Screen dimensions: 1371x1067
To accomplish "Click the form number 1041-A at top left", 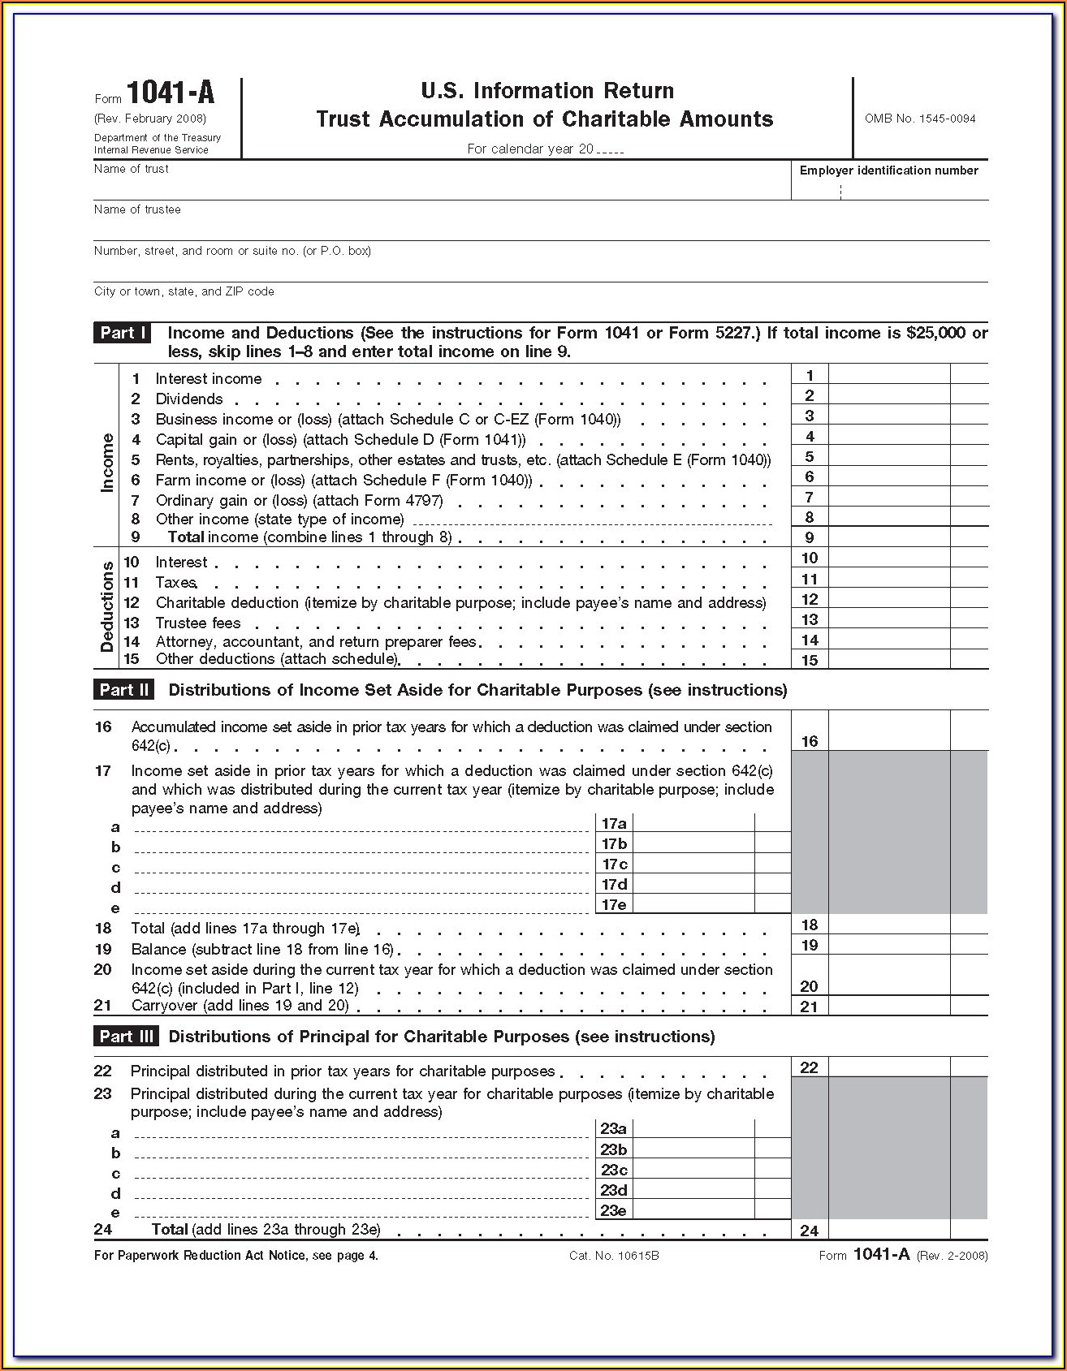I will coord(171,93).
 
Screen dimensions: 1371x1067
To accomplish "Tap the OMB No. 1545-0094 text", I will coord(920,119).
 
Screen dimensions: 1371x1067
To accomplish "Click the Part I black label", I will coord(123,333).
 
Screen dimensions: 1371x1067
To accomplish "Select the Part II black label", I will coord(124,690).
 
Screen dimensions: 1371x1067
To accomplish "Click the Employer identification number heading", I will coord(888,170).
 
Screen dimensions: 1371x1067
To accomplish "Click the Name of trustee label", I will coord(137,209).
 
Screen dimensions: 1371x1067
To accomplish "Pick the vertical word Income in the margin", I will coord(107,463).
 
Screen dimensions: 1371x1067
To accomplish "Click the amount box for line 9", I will coord(888,537).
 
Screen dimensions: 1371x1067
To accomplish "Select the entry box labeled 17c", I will coord(693,864).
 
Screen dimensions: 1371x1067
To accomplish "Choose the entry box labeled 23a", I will coord(693,1128).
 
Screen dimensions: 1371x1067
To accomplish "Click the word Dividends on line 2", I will coord(189,399).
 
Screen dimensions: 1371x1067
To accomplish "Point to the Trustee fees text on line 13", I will coord(198,623).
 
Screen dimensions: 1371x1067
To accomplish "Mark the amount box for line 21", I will coord(888,1007).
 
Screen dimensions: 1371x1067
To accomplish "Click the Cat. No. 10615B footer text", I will coord(614,1256).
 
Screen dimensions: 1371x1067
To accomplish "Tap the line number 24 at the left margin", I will coord(103,1229).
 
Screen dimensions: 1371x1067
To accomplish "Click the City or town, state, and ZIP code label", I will coord(184,291).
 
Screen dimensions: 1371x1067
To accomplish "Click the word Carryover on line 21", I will coord(165,1006).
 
